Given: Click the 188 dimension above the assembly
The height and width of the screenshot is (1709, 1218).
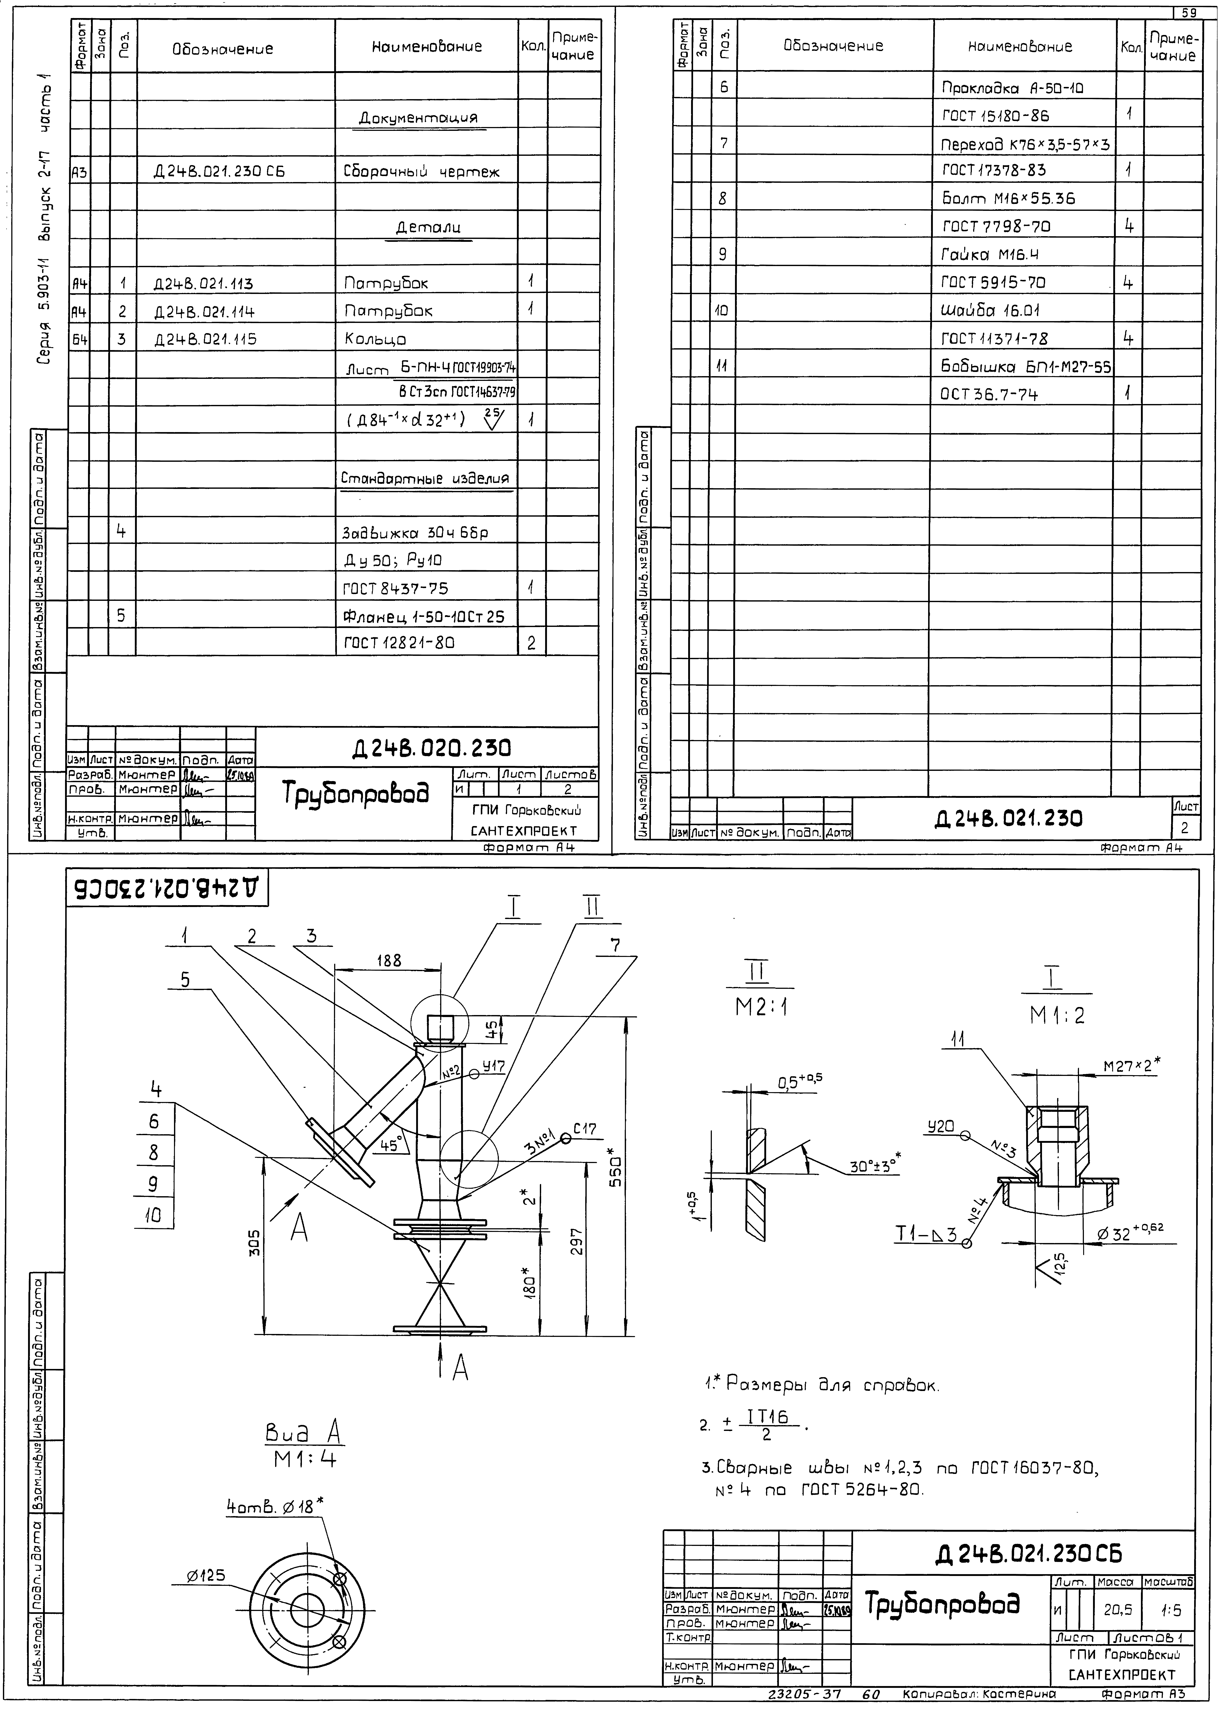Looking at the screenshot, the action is [x=388, y=960].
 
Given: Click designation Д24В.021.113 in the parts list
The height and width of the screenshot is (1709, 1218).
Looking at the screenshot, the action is [x=203, y=284].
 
